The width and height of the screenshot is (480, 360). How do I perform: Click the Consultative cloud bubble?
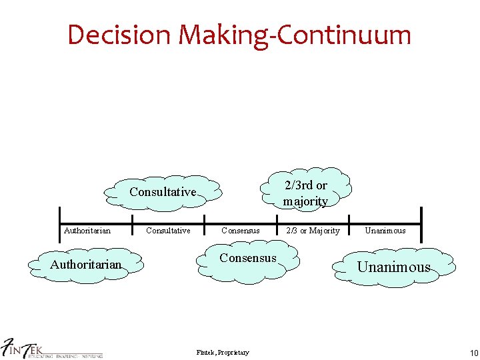pos(163,192)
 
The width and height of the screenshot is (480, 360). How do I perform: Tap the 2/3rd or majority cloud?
pos(305,193)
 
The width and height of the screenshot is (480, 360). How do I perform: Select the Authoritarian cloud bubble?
pos(85,265)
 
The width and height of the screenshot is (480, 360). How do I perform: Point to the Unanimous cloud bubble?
pos(394,267)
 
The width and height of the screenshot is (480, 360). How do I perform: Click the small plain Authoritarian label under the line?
pos(87,231)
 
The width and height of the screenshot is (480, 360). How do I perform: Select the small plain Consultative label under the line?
pos(168,231)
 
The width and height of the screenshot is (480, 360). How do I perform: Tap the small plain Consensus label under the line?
pos(240,231)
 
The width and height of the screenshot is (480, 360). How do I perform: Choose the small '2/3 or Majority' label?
pos(312,231)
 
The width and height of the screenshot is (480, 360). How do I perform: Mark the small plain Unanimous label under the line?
pos(385,231)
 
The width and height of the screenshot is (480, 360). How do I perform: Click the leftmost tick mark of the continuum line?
pos(60,216)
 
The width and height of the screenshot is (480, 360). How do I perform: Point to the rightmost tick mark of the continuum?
pos(421,216)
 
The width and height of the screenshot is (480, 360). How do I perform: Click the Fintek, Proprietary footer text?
pos(223,353)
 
